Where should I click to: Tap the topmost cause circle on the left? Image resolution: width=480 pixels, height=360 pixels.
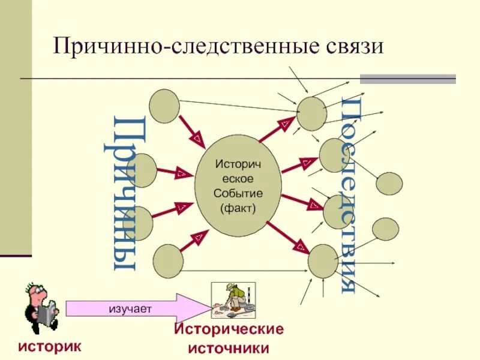point(164,106)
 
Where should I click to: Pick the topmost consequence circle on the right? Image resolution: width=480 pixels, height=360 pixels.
point(312,113)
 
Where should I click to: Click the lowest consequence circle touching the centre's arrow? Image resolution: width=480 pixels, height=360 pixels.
point(323,261)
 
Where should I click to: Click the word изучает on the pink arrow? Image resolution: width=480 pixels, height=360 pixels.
point(130,308)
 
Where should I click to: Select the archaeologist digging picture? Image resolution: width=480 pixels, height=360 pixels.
point(233,301)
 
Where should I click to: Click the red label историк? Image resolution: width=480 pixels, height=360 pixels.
point(49,346)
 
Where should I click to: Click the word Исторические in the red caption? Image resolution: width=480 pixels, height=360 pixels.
point(229,330)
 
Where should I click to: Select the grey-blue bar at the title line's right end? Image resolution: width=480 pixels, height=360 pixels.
point(407,79)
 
